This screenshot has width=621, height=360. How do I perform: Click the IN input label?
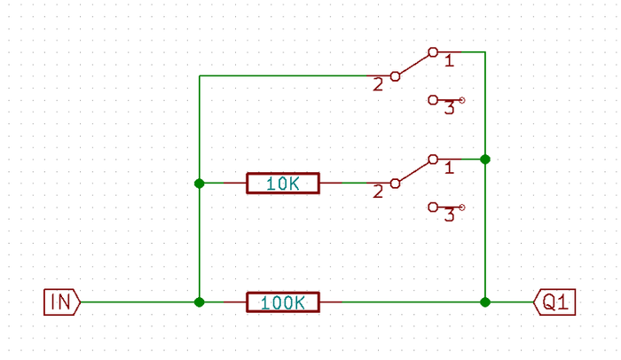(61, 301)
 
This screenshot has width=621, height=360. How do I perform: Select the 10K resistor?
(282, 184)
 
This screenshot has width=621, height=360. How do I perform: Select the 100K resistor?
(282, 301)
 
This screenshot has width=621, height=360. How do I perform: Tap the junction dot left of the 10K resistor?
(200, 184)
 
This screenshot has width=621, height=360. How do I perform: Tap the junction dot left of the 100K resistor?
(200, 301)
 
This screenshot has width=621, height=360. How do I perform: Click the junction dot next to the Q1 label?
(485, 301)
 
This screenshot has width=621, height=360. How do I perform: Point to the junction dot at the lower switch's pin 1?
(485, 160)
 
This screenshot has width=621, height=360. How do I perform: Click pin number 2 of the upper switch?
(379, 85)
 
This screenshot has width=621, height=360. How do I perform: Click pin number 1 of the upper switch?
(449, 60)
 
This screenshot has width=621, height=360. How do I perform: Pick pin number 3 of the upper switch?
(449, 108)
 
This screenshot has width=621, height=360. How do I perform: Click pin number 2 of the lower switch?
(379, 192)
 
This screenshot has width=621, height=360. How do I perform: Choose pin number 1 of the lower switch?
(449, 167)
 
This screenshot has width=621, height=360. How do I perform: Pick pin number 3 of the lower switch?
(449, 215)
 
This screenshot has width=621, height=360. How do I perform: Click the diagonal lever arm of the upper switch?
(413, 65)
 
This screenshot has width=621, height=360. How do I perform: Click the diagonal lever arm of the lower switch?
(413, 171)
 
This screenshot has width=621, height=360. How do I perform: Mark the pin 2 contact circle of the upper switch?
(395, 76)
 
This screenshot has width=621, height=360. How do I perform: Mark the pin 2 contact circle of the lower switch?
(395, 184)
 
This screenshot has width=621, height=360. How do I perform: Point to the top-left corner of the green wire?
(200, 76)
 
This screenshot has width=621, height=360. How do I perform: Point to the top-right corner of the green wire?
(485, 52)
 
